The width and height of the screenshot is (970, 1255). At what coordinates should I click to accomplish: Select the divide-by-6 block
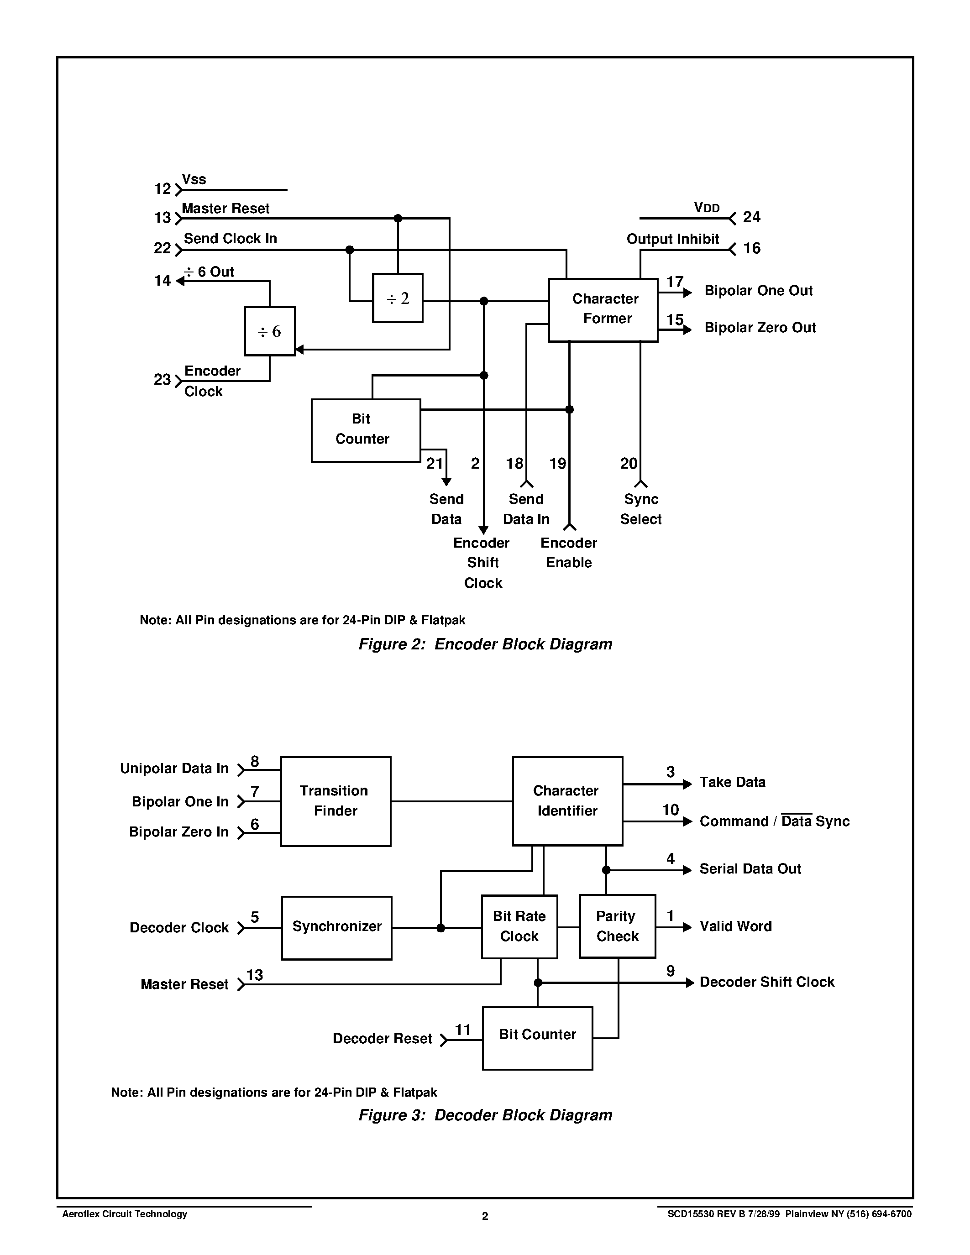pyautogui.click(x=269, y=331)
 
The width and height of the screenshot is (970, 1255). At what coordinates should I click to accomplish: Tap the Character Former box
pyautogui.click(x=603, y=310)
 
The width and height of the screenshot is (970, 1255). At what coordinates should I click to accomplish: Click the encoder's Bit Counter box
pyautogui.click(x=366, y=430)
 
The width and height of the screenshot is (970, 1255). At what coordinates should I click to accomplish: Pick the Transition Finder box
pyautogui.click(x=336, y=801)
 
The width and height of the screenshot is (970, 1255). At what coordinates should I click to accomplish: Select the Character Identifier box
pyautogui.click(x=567, y=800)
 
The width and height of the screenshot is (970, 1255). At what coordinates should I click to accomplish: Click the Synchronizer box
pyautogui.click(x=337, y=927)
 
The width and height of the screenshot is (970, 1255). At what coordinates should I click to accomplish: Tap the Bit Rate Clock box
pyautogui.click(x=519, y=926)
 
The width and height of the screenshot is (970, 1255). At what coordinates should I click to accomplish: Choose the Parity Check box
pyautogui.click(x=617, y=926)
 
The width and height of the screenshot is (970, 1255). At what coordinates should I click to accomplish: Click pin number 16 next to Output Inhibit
pyautogui.click(x=752, y=248)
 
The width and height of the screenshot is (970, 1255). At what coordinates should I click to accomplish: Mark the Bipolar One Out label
pyautogui.click(x=759, y=291)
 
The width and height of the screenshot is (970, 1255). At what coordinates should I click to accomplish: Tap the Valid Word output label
pyautogui.click(x=735, y=926)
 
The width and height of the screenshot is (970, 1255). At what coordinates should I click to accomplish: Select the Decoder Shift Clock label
pyautogui.click(x=766, y=982)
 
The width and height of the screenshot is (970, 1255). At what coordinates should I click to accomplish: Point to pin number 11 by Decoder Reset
pyautogui.click(x=462, y=1030)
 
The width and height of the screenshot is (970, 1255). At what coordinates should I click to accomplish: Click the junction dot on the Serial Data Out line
pyautogui.click(x=606, y=870)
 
